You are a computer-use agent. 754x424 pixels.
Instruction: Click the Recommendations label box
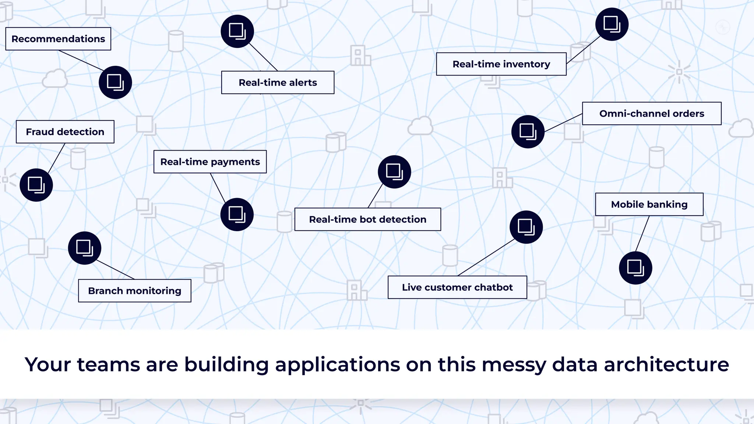pos(58,39)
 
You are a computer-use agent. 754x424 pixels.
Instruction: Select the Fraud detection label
pos(65,132)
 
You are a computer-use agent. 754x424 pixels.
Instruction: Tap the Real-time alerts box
pos(278,82)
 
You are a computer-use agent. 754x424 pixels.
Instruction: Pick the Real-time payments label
pos(210,162)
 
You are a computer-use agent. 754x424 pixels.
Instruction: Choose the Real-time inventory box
pos(501,64)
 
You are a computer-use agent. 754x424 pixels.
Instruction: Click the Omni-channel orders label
pos(651,113)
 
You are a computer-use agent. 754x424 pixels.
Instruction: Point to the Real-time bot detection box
pos(367,219)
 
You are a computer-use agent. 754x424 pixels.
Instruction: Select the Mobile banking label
pos(649,204)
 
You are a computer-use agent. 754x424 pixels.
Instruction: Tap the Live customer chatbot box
pos(457,287)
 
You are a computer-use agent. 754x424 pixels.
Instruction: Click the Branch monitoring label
pos(134,291)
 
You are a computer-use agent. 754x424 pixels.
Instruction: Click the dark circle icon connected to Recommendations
pos(115,82)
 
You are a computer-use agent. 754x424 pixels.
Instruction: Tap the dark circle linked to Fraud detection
pos(36,185)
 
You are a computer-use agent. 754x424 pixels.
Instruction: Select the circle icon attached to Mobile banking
pos(635,268)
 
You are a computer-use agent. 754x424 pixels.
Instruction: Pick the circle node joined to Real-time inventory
pos(612,24)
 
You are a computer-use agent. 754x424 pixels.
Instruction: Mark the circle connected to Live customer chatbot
pos(526,227)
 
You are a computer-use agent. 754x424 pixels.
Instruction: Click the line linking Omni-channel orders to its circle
pos(563,123)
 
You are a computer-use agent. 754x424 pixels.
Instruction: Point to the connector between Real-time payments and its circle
pos(218,188)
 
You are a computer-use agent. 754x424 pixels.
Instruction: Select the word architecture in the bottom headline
pos(666,364)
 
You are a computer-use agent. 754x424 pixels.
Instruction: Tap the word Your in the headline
pos(47,364)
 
